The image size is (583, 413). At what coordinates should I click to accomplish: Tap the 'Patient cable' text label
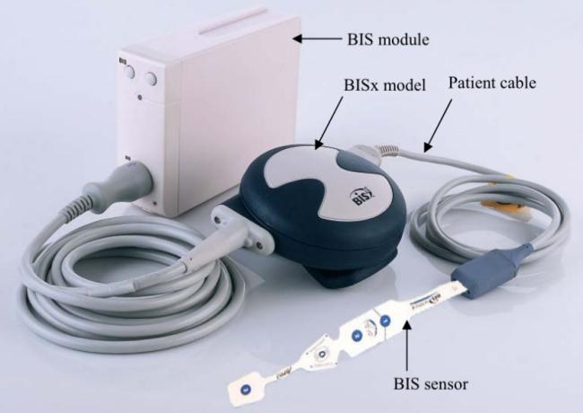click(493, 83)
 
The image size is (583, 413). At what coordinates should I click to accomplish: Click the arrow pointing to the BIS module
click(318, 39)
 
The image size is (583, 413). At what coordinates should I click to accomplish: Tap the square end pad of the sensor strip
click(244, 389)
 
